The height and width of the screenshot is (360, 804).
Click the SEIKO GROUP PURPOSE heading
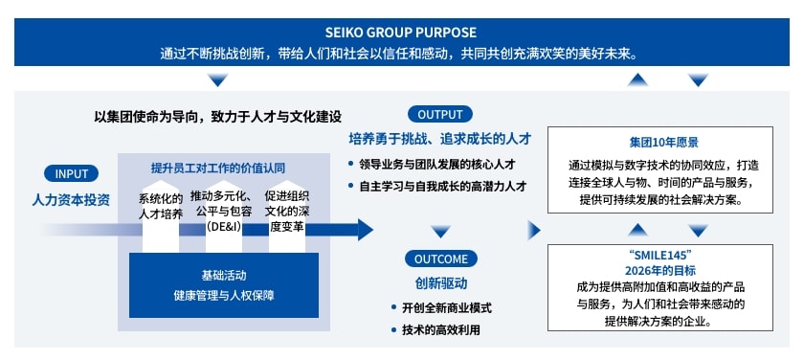401,33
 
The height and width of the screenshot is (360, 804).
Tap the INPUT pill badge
72,174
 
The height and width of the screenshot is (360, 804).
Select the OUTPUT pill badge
440,114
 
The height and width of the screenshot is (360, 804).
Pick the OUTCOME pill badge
441,259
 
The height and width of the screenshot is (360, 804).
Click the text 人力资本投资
72,200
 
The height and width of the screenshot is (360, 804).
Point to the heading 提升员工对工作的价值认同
218,168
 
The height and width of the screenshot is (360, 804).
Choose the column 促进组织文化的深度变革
287,212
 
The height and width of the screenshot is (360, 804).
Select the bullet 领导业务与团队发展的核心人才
441,164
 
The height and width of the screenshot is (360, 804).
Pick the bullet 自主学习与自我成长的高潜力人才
441,186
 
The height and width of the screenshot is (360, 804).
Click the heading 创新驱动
441,283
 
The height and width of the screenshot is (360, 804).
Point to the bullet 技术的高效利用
441,330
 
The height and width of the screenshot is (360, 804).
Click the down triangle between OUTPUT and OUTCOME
440,231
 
